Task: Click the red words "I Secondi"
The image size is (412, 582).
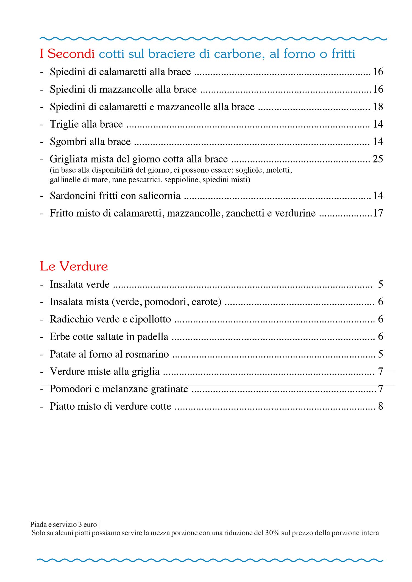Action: [x=67, y=54]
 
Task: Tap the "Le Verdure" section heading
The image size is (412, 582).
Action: [x=74, y=266]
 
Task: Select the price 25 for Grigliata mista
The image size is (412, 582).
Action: [x=378, y=159]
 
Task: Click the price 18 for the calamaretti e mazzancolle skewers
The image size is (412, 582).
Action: [x=378, y=106]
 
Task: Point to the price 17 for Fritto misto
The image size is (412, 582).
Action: [x=378, y=213]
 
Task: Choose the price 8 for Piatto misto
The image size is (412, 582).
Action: [x=380, y=406]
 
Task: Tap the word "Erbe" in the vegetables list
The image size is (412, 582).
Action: [x=58, y=337]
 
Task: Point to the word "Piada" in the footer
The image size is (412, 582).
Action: [x=38, y=524]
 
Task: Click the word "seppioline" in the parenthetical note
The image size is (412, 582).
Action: [x=181, y=180]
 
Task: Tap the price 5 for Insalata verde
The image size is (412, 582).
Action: [x=380, y=284]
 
